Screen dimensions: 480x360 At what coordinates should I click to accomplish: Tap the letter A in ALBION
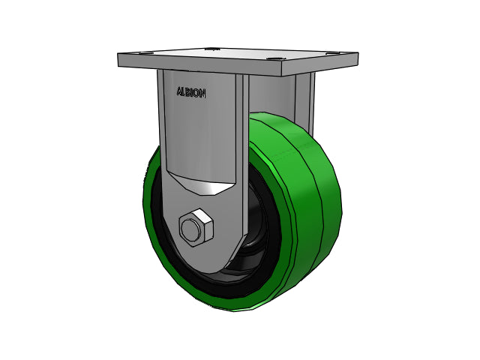[x=180, y=91]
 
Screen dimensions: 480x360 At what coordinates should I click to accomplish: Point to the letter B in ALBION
[x=188, y=92]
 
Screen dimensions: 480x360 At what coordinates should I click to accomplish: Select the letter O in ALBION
[x=197, y=93]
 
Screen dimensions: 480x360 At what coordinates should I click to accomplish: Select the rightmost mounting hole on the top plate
[x=334, y=53]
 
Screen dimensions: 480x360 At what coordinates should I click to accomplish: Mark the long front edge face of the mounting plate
[x=199, y=64]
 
